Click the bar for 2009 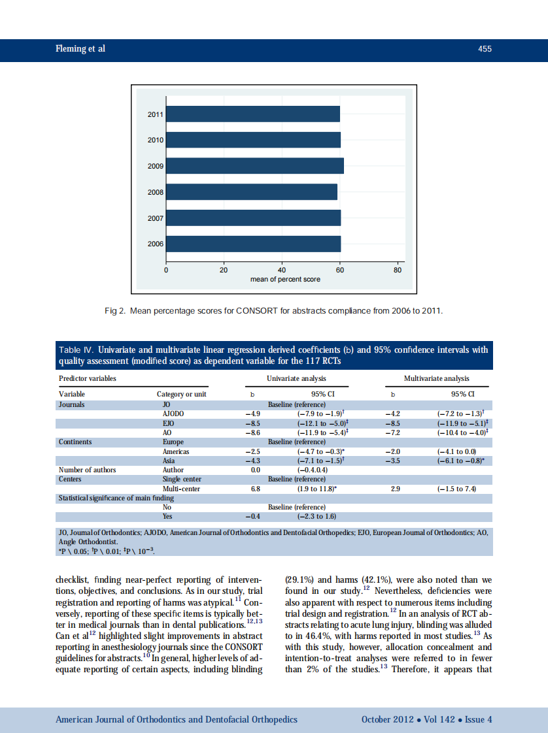click(x=255, y=166)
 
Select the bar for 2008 click(x=252, y=192)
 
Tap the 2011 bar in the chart click(x=253, y=114)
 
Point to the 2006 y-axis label click(x=156, y=244)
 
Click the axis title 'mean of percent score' click(x=285, y=279)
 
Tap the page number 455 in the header click(x=485, y=49)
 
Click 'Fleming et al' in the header click(x=80, y=49)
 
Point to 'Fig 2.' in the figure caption click(x=114, y=310)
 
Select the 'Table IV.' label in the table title click(x=77, y=350)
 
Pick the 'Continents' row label click(x=75, y=442)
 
